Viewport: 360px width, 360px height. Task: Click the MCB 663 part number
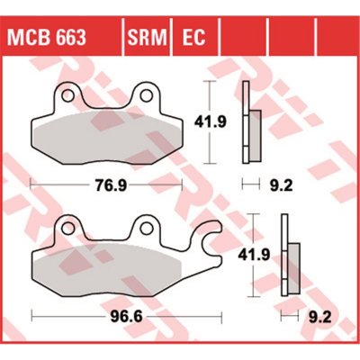coord(47,37)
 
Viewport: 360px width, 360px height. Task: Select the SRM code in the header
coord(148,37)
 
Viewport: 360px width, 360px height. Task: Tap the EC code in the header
coord(193,37)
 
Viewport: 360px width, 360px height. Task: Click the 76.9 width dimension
coord(106,185)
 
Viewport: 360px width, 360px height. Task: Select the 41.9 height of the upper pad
coord(210,121)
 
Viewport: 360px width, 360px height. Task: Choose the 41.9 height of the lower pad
coord(254,256)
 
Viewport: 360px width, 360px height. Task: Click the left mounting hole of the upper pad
coord(67,95)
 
